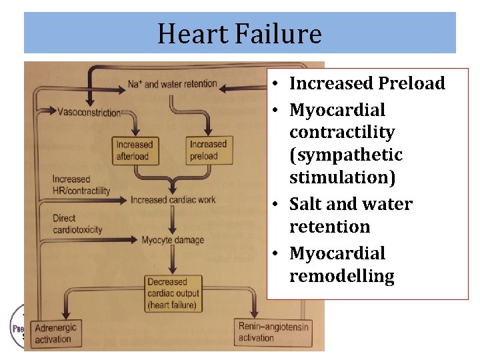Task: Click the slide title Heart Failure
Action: (x=239, y=33)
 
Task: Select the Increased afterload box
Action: (x=134, y=150)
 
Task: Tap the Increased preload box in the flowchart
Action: (x=208, y=150)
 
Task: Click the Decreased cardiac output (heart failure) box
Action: (x=173, y=294)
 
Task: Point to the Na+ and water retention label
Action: (x=172, y=84)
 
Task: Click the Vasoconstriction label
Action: (x=89, y=112)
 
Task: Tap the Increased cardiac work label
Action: (x=173, y=199)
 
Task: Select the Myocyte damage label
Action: (x=173, y=240)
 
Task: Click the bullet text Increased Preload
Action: (x=367, y=83)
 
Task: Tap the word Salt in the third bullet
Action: (x=307, y=204)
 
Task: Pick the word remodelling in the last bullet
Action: (x=341, y=276)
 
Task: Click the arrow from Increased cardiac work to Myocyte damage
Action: (x=173, y=219)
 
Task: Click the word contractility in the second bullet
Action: (x=342, y=132)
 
